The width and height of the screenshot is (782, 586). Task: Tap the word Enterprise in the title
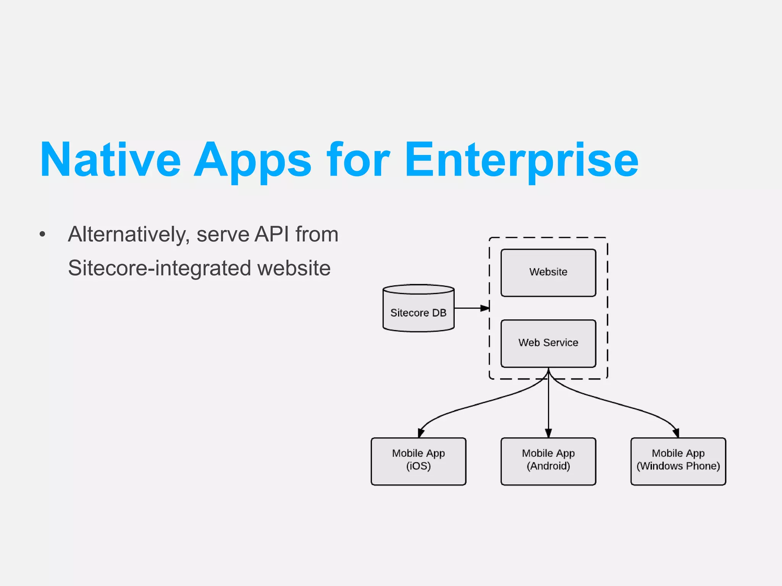point(521,160)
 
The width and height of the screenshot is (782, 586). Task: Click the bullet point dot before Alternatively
point(42,234)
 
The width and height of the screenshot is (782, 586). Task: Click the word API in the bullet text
point(272,234)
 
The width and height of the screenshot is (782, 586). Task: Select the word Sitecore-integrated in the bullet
point(159,268)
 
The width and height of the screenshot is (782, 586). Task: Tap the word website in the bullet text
point(294,268)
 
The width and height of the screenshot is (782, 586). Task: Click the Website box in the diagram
point(548,272)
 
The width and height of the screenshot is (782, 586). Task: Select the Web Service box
point(548,343)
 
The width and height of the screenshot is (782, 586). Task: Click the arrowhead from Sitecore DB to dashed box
point(485,308)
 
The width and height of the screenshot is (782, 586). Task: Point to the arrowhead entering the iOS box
point(421,433)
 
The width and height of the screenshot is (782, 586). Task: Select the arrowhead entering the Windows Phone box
point(675,433)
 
